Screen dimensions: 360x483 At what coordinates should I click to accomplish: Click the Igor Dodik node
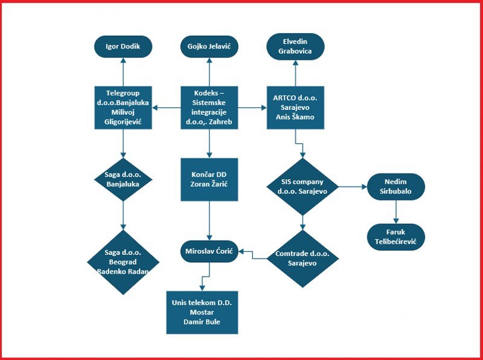pyautogui.click(x=123, y=47)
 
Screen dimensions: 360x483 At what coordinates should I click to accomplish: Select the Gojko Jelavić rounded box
pyautogui.click(x=209, y=47)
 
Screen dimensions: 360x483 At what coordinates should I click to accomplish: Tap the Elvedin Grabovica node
pyautogui.click(x=296, y=47)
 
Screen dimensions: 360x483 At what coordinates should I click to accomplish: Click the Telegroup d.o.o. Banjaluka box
pyautogui.click(x=123, y=108)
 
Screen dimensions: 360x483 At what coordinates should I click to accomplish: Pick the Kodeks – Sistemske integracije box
pyautogui.click(x=209, y=108)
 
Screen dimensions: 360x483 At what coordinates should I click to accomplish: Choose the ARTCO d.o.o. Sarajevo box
pyautogui.click(x=296, y=108)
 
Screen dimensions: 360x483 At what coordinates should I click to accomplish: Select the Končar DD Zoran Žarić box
pyautogui.click(x=209, y=179)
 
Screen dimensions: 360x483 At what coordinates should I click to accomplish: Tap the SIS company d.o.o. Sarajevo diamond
pyautogui.click(x=303, y=187)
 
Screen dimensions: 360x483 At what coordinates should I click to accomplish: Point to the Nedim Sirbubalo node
pyautogui.click(x=395, y=187)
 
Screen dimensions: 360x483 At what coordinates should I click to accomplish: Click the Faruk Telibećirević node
pyautogui.click(x=395, y=236)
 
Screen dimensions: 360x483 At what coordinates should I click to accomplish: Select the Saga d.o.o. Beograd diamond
pyautogui.click(x=123, y=262)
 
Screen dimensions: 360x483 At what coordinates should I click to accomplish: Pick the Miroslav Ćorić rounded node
pyautogui.click(x=209, y=250)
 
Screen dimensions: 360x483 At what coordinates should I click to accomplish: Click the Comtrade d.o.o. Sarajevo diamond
pyautogui.click(x=303, y=259)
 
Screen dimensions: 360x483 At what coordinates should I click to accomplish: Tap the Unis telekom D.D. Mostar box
pyautogui.click(x=202, y=312)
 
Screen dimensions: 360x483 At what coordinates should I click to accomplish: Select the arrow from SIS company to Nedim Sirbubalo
pyautogui.click(x=352, y=187)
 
